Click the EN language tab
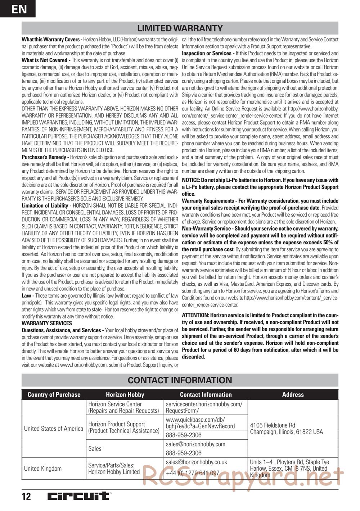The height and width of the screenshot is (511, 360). (x=18, y=9)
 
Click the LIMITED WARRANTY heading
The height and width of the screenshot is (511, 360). (x=180, y=28)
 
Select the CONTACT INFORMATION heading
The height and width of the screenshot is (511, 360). (x=180, y=380)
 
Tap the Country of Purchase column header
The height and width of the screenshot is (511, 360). (x=54, y=395)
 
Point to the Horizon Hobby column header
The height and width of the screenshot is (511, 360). (x=125, y=395)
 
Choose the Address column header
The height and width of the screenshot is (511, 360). (x=293, y=395)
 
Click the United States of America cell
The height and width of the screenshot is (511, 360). (x=54, y=429)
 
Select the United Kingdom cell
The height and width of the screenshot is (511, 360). (x=43, y=469)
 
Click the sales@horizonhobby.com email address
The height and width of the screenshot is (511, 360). (x=195, y=444)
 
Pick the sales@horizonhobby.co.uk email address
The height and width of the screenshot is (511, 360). (x=197, y=462)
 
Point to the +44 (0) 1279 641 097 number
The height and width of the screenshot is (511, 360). (x=193, y=473)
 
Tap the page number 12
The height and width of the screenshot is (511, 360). (x=26, y=497)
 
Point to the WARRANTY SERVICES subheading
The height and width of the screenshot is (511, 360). (x=47, y=323)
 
